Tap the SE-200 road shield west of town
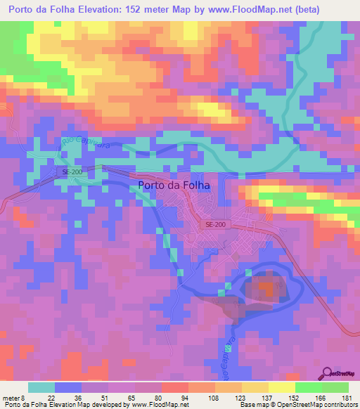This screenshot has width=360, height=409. pos(66,171)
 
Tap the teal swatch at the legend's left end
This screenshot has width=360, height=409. pos(41,387)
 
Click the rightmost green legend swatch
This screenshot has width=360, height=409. pos(335,387)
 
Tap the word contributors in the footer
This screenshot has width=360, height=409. pos(336,405)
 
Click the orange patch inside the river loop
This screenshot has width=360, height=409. pos(266,288)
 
